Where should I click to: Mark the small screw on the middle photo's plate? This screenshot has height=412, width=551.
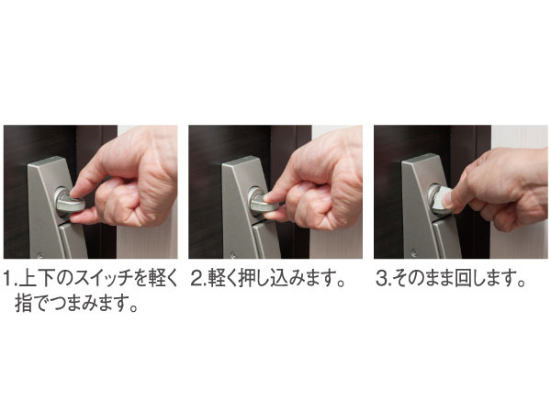(228, 251)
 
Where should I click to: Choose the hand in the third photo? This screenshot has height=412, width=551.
(505, 188)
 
